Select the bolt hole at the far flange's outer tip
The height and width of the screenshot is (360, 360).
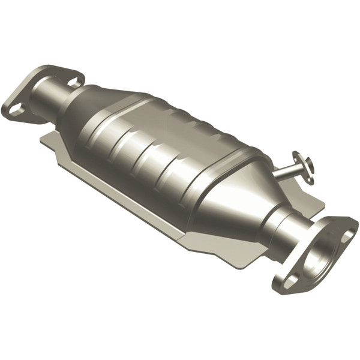[16, 109]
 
